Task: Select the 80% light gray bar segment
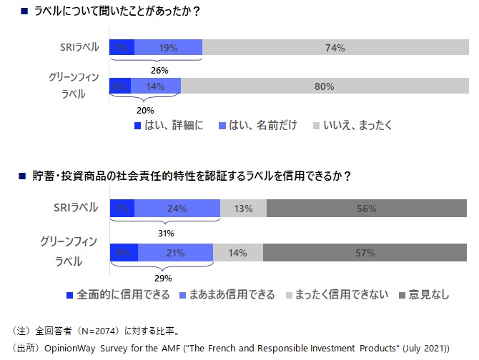[x=324, y=86]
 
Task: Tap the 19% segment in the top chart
[x=168, y=48]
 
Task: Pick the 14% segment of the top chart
[x=156, y=86]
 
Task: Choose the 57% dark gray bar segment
[x=365, y=252]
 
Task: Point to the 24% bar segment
[x=177, y=209]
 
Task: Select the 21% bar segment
[x=175, y=252]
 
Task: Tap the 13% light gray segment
[x=243, y=209]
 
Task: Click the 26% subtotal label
[x=159, y=71]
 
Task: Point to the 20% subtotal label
[x=145, y=111]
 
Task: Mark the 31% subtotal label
[x=165, y=231]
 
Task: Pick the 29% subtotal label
[x=163, y=278]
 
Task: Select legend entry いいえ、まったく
[x=358, y=126]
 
